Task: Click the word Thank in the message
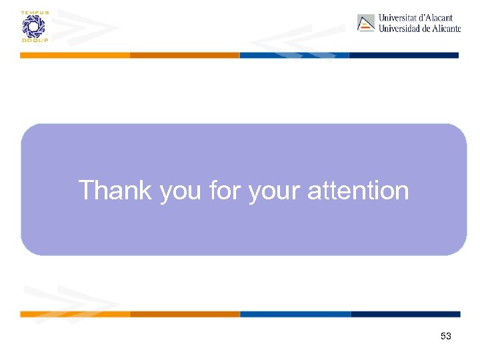(115, 191)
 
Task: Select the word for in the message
(225, 191)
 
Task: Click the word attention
(358, 191)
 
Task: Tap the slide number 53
(446, 337)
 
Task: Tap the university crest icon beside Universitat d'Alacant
(366, 23)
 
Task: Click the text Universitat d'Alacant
(415, 18)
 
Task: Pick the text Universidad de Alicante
(419, 29)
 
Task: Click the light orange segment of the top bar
(75, 55)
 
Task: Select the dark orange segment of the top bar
(185, 55)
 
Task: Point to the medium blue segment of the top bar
(294, 55)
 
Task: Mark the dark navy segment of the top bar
(404, 55)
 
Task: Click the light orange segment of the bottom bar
(75, 314)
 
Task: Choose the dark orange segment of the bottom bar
(185, 314)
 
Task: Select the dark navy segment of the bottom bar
(405, 314)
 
